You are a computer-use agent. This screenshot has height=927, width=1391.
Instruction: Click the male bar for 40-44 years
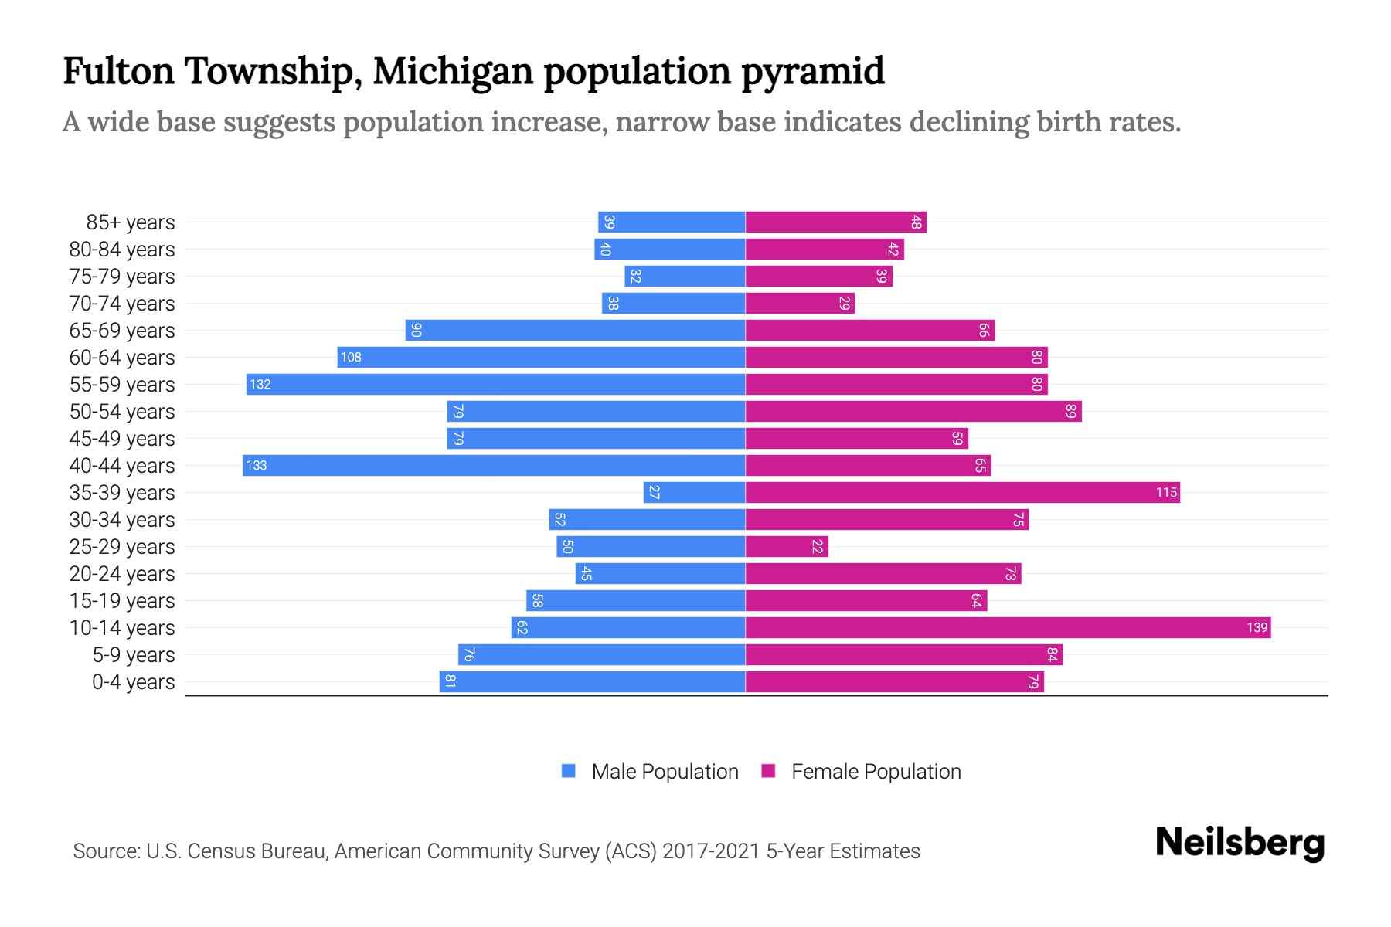pos(495,465)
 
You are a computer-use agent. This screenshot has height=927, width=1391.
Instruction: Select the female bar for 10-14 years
pos(1008,627)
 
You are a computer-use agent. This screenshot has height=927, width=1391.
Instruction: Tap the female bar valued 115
pos(962,492)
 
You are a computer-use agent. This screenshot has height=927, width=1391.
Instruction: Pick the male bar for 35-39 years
pos(694,492)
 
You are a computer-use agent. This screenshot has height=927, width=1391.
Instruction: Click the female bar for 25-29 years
pos(787,546)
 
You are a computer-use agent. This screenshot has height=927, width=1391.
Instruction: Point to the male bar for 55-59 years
pos(496,384)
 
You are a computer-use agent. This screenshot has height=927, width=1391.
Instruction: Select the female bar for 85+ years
pos(836,222)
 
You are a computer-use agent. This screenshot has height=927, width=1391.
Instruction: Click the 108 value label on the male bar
pos(351,357)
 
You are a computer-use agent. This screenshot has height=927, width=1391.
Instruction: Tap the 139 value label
pos(1257,627)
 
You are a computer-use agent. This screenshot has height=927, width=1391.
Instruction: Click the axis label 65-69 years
pos(122,331)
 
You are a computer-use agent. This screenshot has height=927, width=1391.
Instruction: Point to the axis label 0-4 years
pos(133,682)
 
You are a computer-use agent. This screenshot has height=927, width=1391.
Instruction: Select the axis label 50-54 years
pos(122,412)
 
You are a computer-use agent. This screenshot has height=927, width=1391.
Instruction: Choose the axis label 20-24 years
pos(122,574)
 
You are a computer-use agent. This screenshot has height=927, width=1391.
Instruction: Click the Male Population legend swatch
pos(569,771)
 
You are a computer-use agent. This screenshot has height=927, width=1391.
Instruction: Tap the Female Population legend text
pos(876,772)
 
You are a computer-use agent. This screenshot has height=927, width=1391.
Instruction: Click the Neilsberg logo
pos(1240,842)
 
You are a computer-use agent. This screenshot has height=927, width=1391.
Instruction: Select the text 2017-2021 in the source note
pos(711,851)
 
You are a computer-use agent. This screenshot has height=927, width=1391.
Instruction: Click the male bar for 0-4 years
pos(593,681)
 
